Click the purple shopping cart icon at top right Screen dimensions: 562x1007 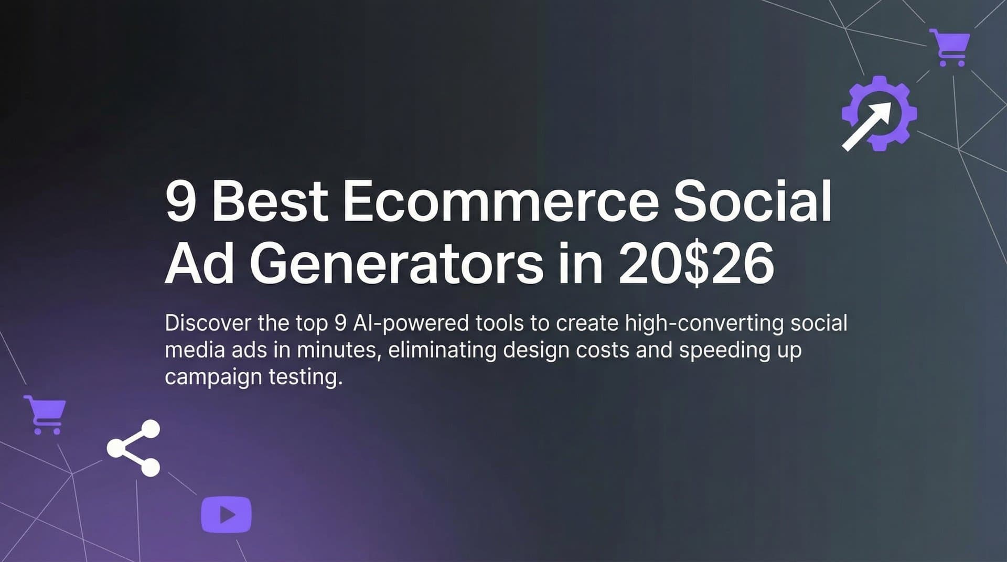(950, 47)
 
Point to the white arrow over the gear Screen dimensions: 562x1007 (866, 126)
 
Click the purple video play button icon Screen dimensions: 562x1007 (226, 514)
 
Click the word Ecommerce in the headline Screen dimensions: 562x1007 (501, 202)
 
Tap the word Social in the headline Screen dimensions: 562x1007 (753, 202)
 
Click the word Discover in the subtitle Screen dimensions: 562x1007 (208, 323)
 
